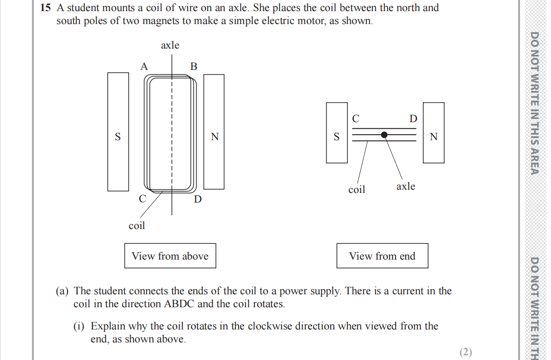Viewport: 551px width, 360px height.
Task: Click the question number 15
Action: pyautogui.click(x=45, y=8)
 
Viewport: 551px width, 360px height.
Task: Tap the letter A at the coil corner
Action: pyautogui.click(x=144, y=67)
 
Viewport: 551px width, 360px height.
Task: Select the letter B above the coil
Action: pyautogui.click(x=194, y=67)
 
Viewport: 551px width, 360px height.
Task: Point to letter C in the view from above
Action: pyautogui.click(x=142, y=199)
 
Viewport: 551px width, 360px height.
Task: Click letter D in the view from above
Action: pyautogui.click(x=198, y=199)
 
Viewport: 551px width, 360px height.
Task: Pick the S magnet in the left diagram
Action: pyautogui.click(x=118, y=132)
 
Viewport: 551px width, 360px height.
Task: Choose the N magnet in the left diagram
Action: pyautogui.click(x=214, y=132)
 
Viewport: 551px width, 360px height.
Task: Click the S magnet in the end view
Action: pyautogui.click(x=337, y=133)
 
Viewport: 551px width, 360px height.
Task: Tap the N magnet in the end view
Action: pyautogui.click(x=433, y=133)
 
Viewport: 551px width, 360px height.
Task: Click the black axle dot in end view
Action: pyautogui.click(x=384, y=135)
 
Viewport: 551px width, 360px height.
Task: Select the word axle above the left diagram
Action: pyautogui.click(x=170, y=45)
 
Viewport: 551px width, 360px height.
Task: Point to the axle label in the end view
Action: pyautogui.click(x=406, y=186)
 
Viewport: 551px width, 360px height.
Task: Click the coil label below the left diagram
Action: pyautogui.click(x=136, y=225)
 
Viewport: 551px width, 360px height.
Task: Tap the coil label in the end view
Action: pyautogui.click(x=357, y=189)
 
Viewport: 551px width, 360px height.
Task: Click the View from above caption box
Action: pyautogui.click(x=170, y=256)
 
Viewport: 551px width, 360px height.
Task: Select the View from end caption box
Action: pyautogui.click(x=382, y=256)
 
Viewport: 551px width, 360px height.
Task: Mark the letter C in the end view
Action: pyautogui.click(x=356, y=118)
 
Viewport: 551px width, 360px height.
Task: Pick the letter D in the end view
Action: pyautogui.click(x=413, y=119)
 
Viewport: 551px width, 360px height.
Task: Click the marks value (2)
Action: pyautogui.click(x=466, y=352)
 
